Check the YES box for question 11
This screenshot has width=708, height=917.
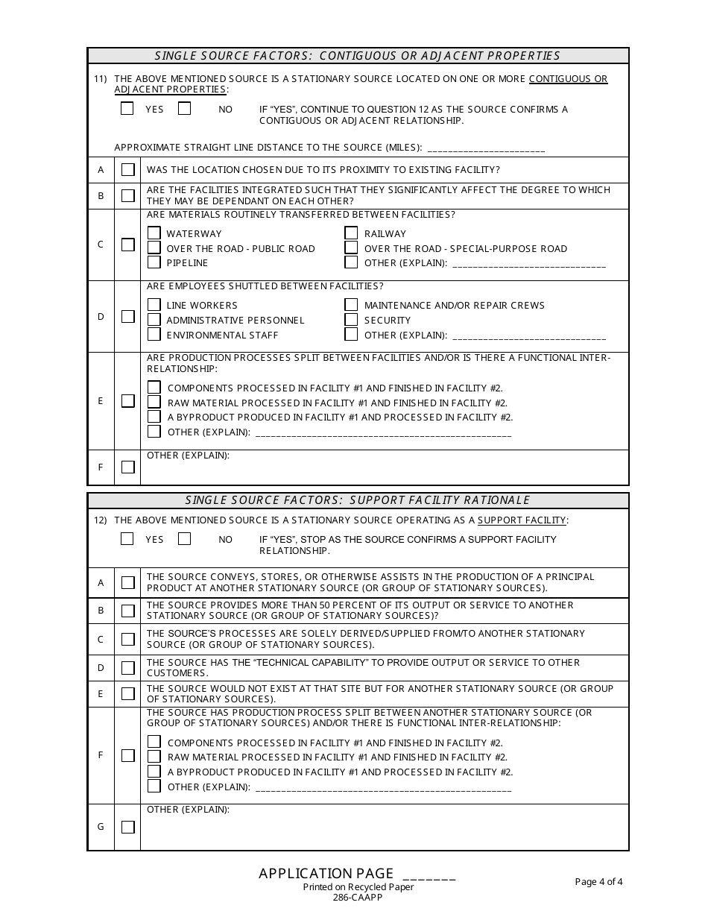click(127, 109)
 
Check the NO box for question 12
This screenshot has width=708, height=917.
click(185, 538)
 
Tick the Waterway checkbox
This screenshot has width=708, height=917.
click(154, 233)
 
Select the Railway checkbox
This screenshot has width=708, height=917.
click(352, 233)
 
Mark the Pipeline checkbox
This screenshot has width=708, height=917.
click(154, 262)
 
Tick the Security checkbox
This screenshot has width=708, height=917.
click(352, 320)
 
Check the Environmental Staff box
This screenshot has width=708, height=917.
click(154, 335)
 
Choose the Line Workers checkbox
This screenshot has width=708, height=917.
click(154, 305)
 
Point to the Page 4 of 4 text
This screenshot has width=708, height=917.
click(598, 882)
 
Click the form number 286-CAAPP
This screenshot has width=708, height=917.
click(358, 898)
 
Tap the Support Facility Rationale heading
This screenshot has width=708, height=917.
click(358, 500)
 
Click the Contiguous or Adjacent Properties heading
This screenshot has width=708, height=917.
click(358, 56)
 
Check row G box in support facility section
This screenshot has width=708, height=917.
click(128, 827)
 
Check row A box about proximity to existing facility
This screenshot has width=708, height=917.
click(128, 169)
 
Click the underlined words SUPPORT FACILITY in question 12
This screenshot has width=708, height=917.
click(522, 520)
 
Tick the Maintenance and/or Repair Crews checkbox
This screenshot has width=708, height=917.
click(352, 305)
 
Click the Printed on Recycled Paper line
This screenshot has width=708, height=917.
click(358, 887)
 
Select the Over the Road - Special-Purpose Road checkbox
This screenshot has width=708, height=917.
click(352, 248)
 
